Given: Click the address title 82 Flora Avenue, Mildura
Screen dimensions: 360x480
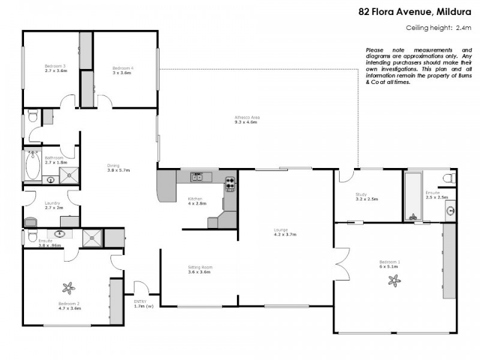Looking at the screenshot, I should pyautogui.click(x=415, y=11).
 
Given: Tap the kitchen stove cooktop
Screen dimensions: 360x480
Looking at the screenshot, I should pyautogui.click(x=230, y=184).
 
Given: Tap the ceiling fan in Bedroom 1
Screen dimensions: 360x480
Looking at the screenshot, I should pyautogui.click(x=394, y=279).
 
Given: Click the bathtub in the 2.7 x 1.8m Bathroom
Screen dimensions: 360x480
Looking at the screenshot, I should pyautogui.click(x=32, y=166).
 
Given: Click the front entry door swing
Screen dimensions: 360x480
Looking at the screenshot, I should pyautogui.click(x=141, y=288).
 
